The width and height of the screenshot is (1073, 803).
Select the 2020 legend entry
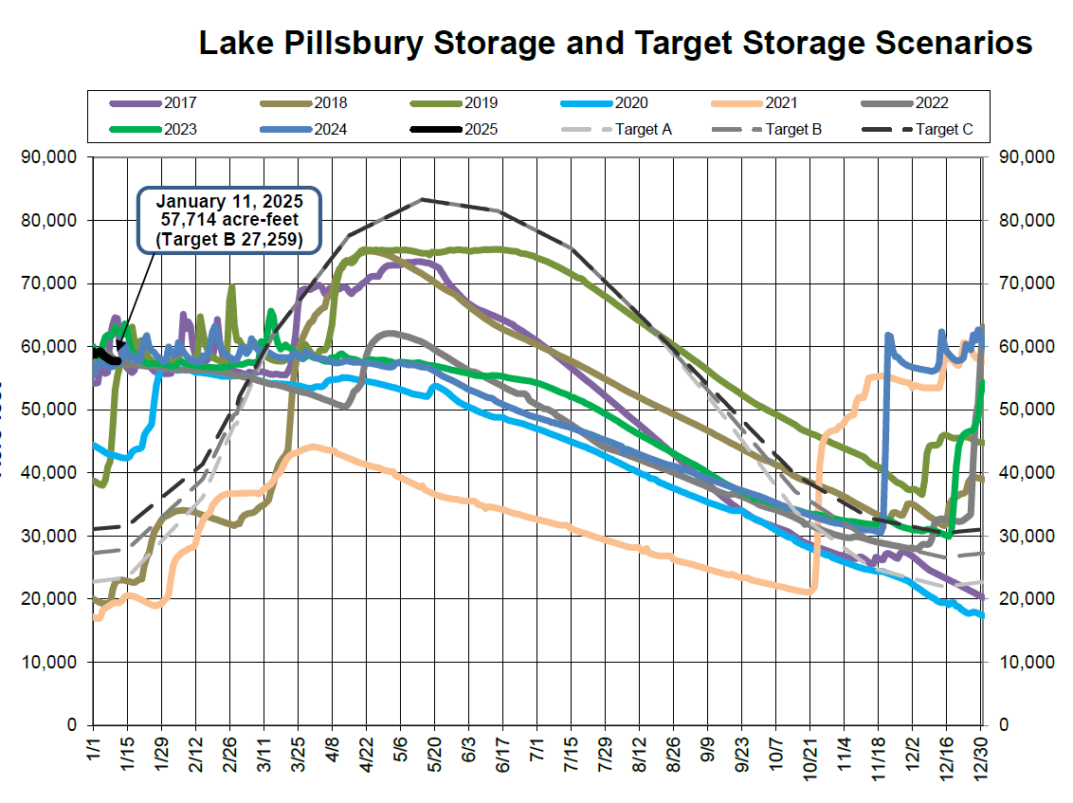pos(630,103)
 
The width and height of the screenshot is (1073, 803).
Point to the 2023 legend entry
pos(180,129)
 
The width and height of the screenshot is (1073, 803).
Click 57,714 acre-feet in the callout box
pos(230,221)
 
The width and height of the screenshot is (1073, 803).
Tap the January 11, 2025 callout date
pos(230,202)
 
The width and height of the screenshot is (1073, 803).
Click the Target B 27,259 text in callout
pos(230,241)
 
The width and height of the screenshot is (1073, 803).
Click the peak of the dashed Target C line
pos(422,199)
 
